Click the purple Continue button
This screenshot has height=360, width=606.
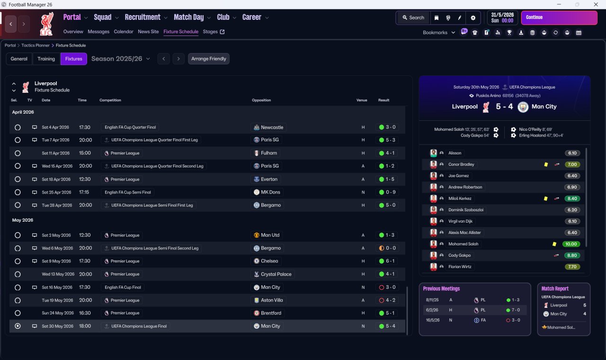click(x=559, y=18)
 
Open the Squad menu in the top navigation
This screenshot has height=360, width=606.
click(x=103, y=18)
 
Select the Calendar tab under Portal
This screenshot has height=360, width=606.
click(x=124, y=32)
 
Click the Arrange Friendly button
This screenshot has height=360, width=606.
click(x=209, y=59)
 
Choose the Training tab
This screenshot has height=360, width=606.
click(x=46, y=59)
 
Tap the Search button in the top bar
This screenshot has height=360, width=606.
click(x=413, y=18)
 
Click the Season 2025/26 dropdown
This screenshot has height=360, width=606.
click(x=121, y=59)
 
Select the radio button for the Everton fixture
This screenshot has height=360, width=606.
click(x=18, y=180)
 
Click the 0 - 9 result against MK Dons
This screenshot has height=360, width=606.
click(x=390, y=192)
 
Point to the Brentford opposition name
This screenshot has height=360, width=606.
click(x=271, y=313)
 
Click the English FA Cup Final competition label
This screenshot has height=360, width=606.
click(x=123, y=287)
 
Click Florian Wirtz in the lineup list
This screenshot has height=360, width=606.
click(x=460, y=267)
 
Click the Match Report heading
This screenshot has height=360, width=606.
click(x=555, y=288)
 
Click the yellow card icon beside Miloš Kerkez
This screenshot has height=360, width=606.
click(x=546, y=198)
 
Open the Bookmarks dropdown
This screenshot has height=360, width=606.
click(x=439, y=33)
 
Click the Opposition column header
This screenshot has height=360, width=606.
click(x=261, y=100)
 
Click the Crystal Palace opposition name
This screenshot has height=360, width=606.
click(x=276, y=274)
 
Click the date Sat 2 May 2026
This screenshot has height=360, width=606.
click(x=56, y=235)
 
